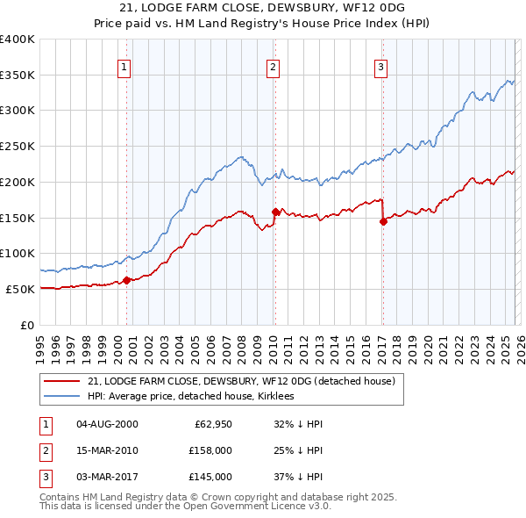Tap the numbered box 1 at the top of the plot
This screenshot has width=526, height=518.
click(x=124, y=67)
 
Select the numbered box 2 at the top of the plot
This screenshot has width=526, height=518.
click(x=274, y=67)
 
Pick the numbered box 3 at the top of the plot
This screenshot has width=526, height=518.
click(x=381, y=67)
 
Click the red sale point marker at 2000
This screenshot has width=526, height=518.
click(x=126, y=280)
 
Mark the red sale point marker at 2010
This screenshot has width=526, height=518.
click(x=275, y=211)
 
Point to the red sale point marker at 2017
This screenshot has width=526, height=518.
click(x=383, y=221)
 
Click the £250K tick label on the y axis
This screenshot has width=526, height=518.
click(x=18, y=146)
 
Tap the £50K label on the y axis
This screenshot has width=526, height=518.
click(x=20, y=289)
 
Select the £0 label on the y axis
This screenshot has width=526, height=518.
click(x=27, y=325)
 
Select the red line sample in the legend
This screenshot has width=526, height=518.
click(x=62, y=381)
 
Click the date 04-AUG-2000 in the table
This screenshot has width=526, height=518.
click(x=107, y=424)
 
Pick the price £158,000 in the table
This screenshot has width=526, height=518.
click(x=210, y=450)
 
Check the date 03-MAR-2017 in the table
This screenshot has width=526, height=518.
click(x=107, y=477)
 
